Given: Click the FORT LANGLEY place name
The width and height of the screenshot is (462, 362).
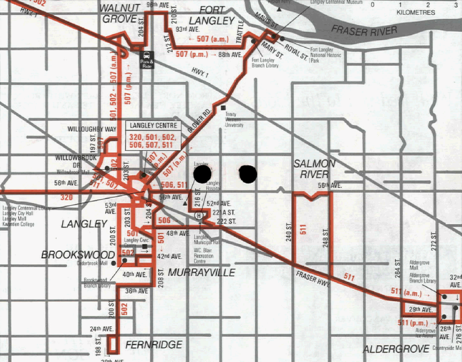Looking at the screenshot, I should [220, 15].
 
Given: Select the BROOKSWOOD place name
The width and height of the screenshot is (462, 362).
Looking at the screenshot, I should [78, 255].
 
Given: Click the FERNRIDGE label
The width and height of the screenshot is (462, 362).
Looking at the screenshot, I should [154, 344].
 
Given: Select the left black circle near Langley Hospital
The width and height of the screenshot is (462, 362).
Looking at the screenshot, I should [202, 174].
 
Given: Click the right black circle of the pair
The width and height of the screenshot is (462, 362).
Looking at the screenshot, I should [248, 174].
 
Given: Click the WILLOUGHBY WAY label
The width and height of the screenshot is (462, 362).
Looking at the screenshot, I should [92, 129].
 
